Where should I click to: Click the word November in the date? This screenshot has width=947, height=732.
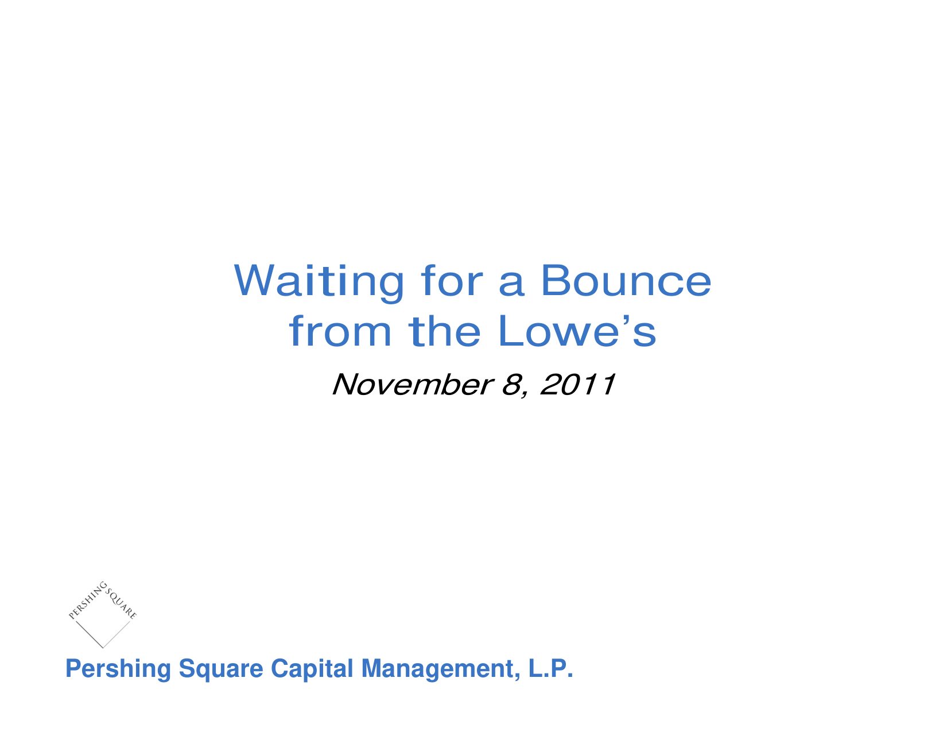point(412,385)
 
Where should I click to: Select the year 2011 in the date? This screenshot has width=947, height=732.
point(577,385)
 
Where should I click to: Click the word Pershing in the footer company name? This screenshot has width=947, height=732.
point(118,668)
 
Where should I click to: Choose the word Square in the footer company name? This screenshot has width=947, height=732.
point(221,669)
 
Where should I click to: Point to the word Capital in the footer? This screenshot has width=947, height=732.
point(312,669)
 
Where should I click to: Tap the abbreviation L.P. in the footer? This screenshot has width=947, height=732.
point(550,668)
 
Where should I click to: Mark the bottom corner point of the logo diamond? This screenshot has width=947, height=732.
point(103,648)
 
